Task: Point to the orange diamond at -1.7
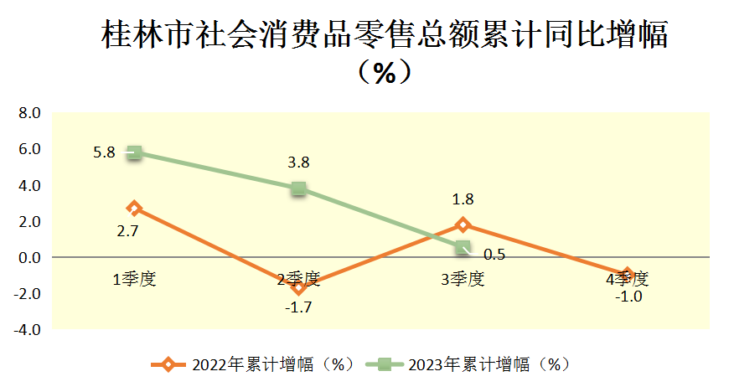(x=299, y=287)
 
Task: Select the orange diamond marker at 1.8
(x=463, y=224)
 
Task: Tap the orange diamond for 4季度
(x=626, y=275)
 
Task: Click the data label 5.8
(x=105, y=153)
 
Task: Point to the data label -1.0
(x=628, y=297)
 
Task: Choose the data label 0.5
(x=494, y=255)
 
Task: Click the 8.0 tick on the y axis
(x=29, y=113)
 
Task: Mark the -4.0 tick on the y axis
(x=27, y=329)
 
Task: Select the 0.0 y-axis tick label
(x=29, y=257)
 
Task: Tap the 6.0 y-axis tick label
(x=29, y=149)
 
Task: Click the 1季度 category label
(x=135, y=279)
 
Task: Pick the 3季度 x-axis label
(x=463, y=279)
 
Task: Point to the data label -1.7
(x=298, y=307)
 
